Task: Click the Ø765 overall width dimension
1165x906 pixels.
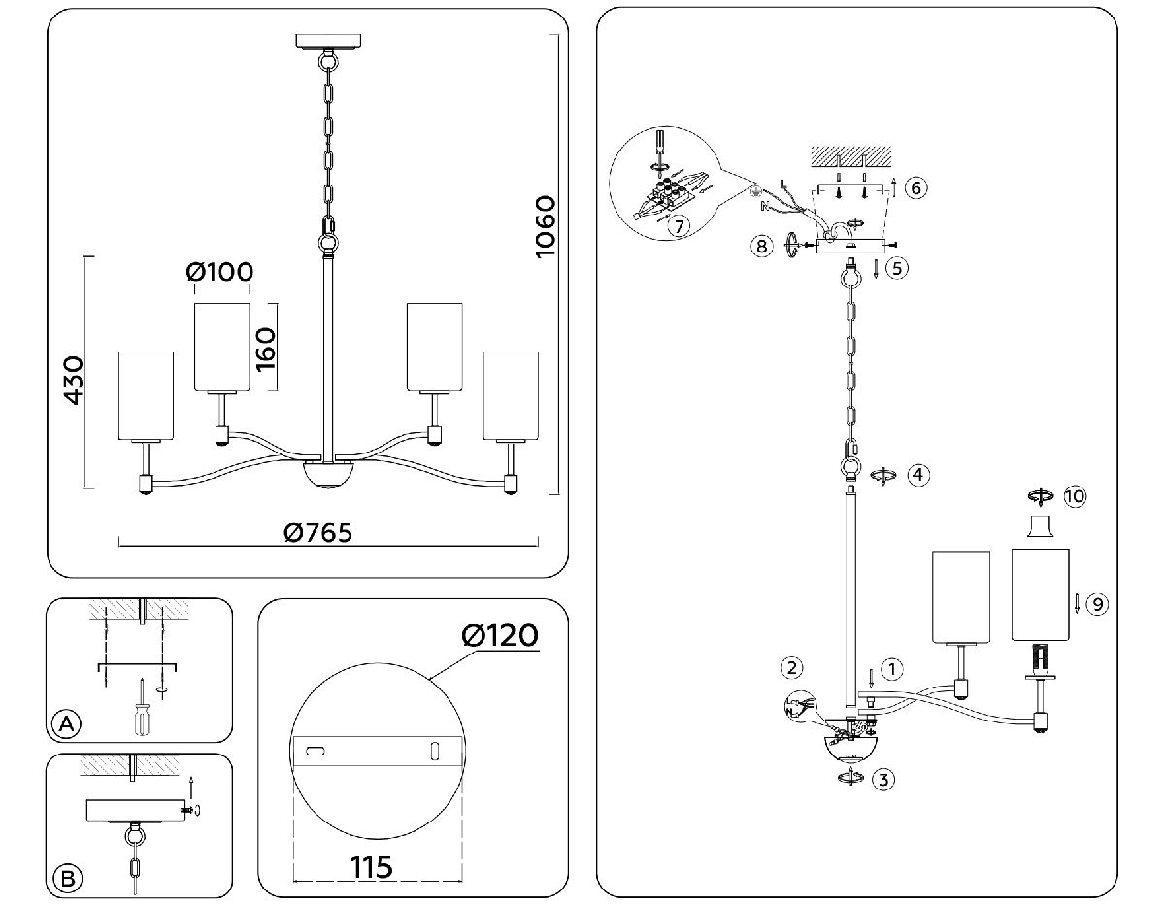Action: tap(317, 532)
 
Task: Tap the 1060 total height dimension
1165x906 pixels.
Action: tap(545, 226)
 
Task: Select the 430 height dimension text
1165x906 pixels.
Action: tap(74, 381)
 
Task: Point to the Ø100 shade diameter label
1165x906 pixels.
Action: tap(219, 271)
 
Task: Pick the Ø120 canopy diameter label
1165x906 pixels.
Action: tap(500, 636)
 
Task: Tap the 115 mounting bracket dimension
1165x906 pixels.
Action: tap(371, 866)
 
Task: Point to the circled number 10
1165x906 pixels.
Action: tap(1074, 496)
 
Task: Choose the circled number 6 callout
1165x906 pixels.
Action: tap(915, 187)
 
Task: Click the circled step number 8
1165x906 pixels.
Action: tap(762, 247)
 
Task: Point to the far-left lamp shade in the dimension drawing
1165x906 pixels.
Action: tap(146, 395)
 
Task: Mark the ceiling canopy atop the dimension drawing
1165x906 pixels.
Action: tap(328, 41)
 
